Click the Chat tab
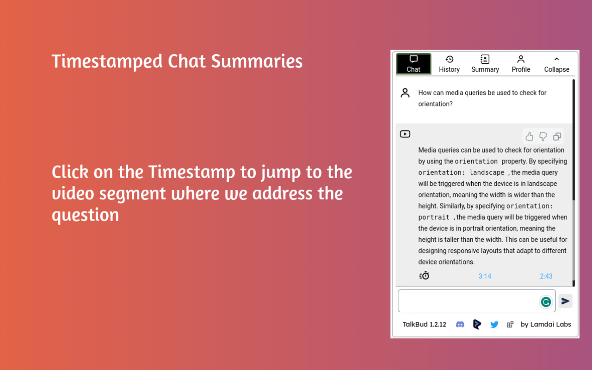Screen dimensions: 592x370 click(x=413, y=64)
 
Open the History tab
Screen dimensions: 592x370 click(x=449, y=64)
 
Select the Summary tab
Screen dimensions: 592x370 click(x=485, y=64)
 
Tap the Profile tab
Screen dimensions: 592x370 click(x=521, y=64)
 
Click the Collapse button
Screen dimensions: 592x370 click(x=556, y=64)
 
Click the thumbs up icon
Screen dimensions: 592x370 click(x=530, y=136)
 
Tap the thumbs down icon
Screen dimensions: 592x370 click(x=543, y=136)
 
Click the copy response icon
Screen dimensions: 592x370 click(x=557, y=136)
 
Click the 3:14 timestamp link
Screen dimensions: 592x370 click(x=485, y=276)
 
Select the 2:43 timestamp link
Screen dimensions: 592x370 click(x=546, y=276)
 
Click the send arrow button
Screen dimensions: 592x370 click(x=565, y=301)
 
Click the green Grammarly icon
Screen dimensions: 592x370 click(x=546, y=302)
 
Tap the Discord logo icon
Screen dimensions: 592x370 click(x=460, y=324)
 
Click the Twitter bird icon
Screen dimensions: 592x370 click(x=494, y=324)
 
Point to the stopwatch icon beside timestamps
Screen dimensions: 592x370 click(x=424, y=276)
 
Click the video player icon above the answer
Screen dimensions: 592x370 click(x=405, y=134)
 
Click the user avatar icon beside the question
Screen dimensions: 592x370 click(x=405, y=93)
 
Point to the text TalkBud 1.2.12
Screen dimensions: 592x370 click(x=424, y=324)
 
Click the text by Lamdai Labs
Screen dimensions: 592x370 click(x=546, y=324)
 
